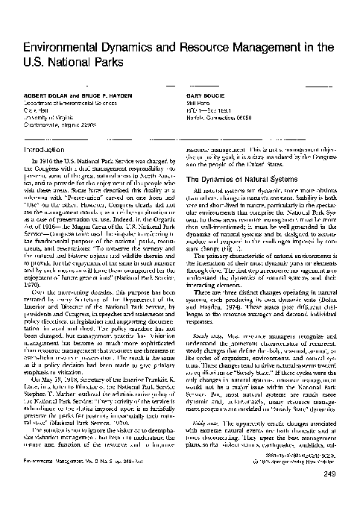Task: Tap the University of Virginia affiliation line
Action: click(47, 118)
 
